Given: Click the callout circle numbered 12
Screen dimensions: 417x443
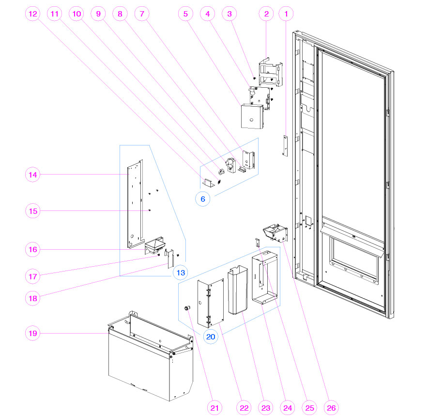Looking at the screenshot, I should tap(33, 15).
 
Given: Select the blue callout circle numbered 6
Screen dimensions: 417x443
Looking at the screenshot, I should tap(203, 198).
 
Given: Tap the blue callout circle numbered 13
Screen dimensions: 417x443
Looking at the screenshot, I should tap(180, 273).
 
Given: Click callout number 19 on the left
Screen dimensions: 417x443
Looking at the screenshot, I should tap(33, 334).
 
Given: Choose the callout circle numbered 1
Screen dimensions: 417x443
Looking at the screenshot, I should tap(286, 15).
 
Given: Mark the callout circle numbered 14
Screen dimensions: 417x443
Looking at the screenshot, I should tap(33, 174).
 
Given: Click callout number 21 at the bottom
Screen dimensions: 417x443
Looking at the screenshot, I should tap(215, 408).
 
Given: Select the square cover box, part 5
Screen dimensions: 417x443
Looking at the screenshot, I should tap(252, 116).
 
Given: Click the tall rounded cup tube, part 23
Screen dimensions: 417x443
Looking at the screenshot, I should tap(237, 291).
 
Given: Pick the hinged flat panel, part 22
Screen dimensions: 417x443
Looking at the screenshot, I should tap(209, 303).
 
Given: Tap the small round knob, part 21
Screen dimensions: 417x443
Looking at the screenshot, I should tap(185, 308).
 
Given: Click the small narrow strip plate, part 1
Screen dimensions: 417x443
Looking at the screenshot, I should tap(285, 145).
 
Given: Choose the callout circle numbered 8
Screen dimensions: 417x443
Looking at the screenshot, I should tap(120, 15).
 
